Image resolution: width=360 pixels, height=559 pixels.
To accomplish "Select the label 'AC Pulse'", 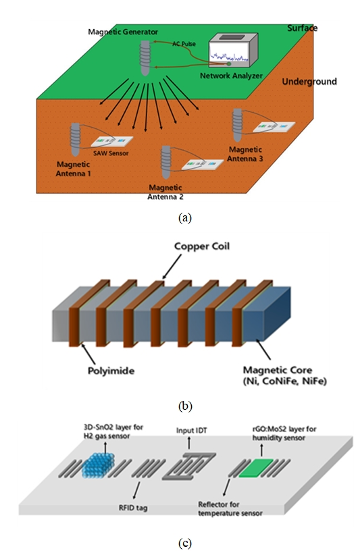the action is (x=184, y=44).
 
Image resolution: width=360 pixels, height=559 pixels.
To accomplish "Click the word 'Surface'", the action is (x=302, y=28).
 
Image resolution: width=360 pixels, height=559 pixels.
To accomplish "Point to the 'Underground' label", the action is (x=309, y=82).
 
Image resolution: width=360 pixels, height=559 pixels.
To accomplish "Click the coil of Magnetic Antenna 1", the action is (x=76, y=139).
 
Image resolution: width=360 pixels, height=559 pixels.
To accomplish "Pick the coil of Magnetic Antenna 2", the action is (x=166, y=162).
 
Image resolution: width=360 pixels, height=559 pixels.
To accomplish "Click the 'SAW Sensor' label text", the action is (x=111, y=153).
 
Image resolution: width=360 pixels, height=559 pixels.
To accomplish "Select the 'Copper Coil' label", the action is (x=202, y=246).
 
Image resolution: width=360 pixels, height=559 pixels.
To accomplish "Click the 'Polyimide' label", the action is (x=111, y=371).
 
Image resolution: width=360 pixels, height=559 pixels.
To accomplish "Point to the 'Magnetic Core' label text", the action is (x=278, y=370).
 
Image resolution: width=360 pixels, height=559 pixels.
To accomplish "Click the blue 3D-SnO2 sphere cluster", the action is (x=99, y=465).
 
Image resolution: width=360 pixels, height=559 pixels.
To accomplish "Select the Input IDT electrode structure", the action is (x=189, y=466).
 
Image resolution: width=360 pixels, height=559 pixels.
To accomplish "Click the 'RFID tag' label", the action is (x=133, y=508).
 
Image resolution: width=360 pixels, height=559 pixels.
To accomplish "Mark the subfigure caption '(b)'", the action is (x=185, y=406).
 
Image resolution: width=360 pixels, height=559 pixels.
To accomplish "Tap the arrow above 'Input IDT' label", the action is (x=189, y=443).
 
